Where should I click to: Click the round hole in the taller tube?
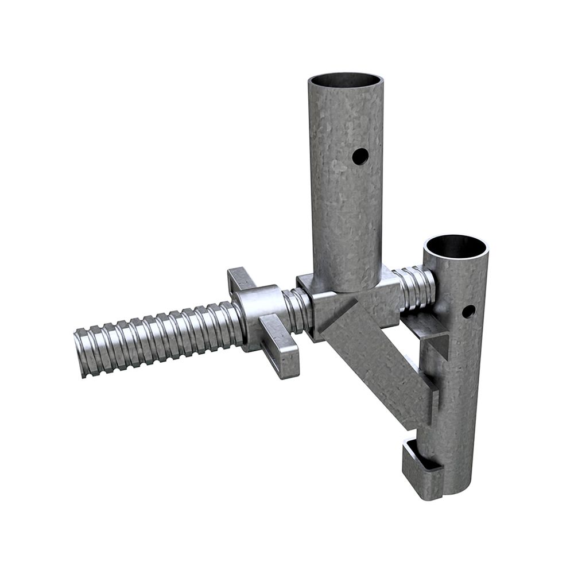pos(360,156)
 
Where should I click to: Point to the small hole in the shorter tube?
pos(468,311)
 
